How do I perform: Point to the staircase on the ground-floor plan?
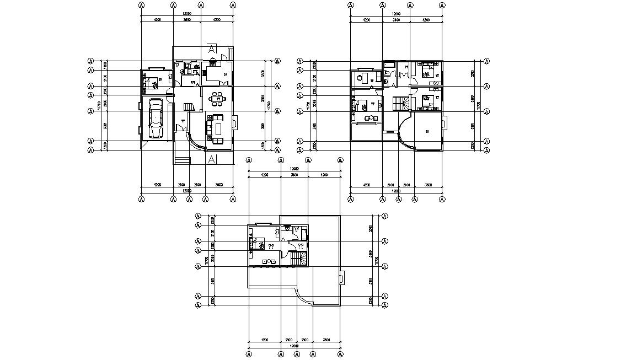[189, 106]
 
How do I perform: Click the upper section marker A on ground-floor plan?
[212, 50]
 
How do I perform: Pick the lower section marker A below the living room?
[212, 159]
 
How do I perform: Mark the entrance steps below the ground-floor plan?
[182, 160]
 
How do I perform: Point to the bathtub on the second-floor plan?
[388, 72]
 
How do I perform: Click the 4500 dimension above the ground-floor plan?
[157, 19]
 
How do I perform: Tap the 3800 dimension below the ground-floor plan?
[219, 185]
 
